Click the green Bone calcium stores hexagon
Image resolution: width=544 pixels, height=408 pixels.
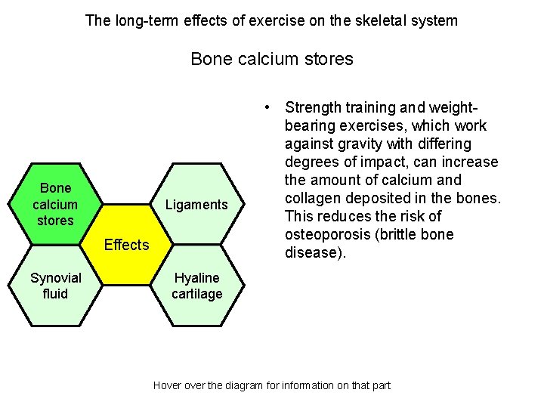(x=55, y=204)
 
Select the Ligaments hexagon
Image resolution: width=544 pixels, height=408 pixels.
(x=196, y=205)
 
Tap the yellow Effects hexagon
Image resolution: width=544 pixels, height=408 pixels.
(x=126, y=245)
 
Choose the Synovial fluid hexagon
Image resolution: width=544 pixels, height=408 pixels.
(x=55, y=286)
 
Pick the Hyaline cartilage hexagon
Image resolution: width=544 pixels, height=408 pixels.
(x=196, y=286)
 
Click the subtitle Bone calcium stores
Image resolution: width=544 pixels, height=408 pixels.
(x=272, y=59)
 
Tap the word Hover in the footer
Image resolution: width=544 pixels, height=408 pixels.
(x=167, y=385)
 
